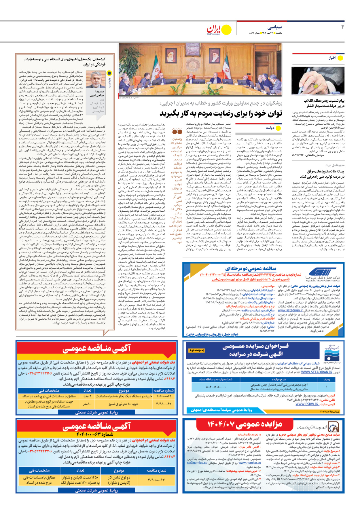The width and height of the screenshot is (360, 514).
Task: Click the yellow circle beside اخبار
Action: [340, 58]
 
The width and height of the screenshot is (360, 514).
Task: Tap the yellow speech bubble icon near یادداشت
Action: [109, 73]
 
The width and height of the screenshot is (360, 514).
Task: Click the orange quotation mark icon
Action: [177, 132]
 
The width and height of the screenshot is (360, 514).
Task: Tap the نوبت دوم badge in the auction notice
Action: [197, 350]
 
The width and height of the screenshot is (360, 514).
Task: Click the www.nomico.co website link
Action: [250, 463]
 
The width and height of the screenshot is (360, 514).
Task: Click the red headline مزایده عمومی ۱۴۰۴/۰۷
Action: [245, 424]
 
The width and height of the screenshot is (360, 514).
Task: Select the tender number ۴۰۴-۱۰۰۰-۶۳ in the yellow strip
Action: [95, 434]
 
